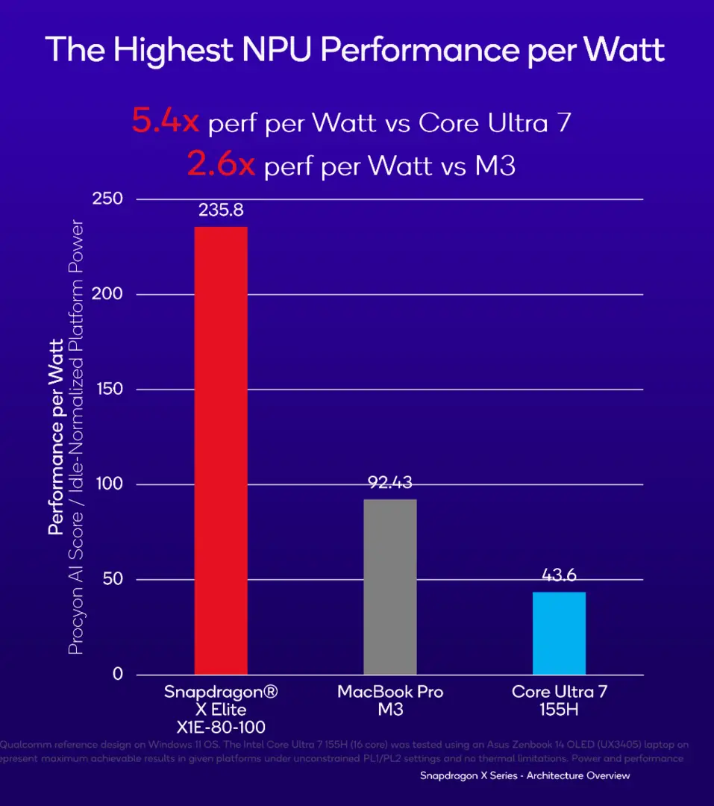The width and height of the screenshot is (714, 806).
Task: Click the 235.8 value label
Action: pos(221,210)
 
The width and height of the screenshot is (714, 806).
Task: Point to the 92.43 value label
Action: pos(389,482)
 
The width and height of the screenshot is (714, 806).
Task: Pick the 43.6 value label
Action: pos(559,575)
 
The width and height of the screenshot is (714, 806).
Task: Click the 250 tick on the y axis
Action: pos(107,199)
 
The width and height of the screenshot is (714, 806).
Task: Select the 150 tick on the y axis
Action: pos(107,390)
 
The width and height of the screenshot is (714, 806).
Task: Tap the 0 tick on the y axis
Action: pos(117,675)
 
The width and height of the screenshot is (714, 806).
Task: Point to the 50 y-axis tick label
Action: pos(112,580)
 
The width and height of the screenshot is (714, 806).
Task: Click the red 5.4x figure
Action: pos(166,122)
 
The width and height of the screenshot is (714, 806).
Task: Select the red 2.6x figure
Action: pos(222,164)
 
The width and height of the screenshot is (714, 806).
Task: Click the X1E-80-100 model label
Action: pos(221,726)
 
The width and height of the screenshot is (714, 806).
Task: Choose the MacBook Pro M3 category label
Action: pos(389,700)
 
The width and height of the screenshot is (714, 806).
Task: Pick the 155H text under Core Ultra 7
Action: pos(559,709)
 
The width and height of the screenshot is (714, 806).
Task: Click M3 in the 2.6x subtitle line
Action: pos(495,165)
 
